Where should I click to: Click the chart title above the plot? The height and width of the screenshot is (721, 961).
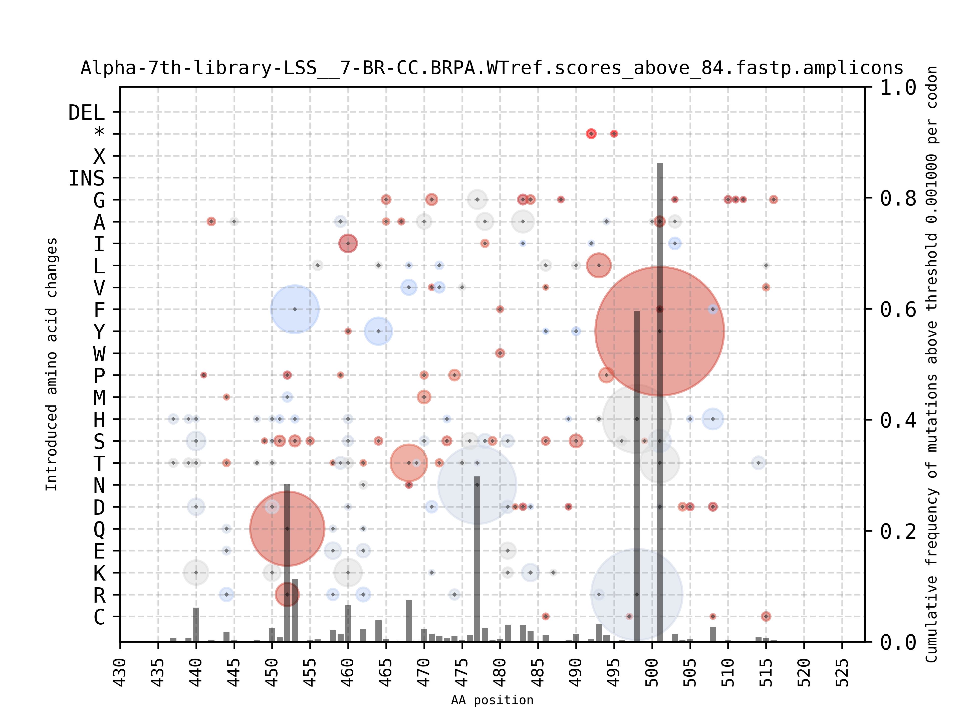pyautogui.click(x=492, y=68)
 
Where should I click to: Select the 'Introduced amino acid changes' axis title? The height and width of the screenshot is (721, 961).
pyautogui.click(x=51, y=364)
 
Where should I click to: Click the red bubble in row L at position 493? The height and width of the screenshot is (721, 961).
pyautogui.click(x=599, y=265)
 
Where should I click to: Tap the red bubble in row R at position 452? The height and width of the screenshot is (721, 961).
pyautogui.click(x=287, y=594)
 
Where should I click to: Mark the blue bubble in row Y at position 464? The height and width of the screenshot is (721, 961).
pyautogui.click(x=378, y=331)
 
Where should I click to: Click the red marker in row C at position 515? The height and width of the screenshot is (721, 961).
pyautogui.click(x=766, y=616)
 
